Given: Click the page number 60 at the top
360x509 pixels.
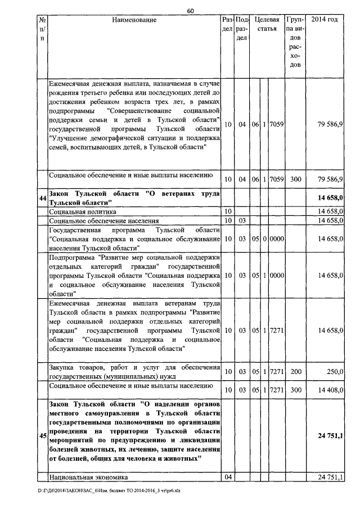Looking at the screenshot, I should (x=191, y=10).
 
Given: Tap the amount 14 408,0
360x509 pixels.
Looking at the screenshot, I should (x=327, y=390).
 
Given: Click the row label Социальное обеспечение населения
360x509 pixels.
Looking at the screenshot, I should (x=103, y=221).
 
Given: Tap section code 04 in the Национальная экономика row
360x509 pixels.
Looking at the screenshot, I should (x=228, y=477).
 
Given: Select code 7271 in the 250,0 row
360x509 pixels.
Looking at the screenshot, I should (x=277, y=372).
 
